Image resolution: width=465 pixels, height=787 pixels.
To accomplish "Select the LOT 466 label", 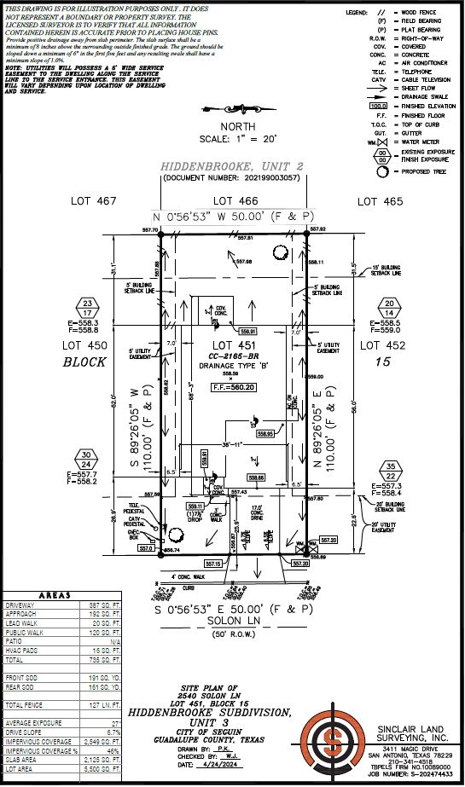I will (x=233, y=200).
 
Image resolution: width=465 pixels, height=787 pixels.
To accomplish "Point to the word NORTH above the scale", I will (x=233, y=127).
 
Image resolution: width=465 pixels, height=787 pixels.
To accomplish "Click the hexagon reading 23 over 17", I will (x=87, y=307).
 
